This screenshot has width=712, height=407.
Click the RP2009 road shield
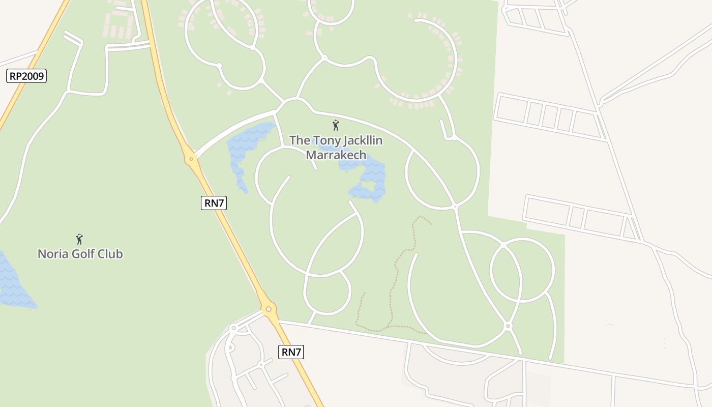coord(27,76)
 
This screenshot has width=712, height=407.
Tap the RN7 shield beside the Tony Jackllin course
coord(214,203)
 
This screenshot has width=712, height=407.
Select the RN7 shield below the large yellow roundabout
coord(291,352)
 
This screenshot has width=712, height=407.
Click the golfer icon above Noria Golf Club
coord(79,239)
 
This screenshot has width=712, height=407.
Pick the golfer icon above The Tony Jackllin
coord(335,125)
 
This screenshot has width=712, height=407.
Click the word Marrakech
coord(336,155)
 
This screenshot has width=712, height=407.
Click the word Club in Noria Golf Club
coord(110,253)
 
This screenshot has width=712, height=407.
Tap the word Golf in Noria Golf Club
coord(83,253)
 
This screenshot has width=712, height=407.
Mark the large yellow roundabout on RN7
coord(269,308)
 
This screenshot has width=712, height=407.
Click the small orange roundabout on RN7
coord(191,159)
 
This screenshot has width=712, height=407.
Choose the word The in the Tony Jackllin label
coord(299,140)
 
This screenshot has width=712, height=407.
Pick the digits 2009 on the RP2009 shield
coord(33,76)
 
